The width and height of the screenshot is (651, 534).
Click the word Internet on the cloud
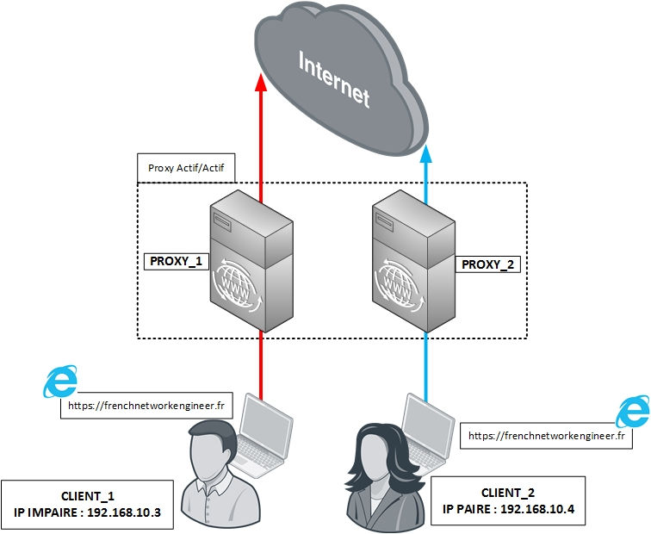334,78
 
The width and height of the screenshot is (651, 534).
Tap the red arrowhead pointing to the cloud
261,84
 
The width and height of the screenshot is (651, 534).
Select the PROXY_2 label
487,264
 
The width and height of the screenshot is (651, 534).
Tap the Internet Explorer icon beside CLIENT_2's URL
633,411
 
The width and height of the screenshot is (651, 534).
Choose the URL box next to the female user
546,437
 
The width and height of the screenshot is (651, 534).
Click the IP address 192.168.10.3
125,515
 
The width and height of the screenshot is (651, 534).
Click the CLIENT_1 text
88,496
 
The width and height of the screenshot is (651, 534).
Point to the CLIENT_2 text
509,492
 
